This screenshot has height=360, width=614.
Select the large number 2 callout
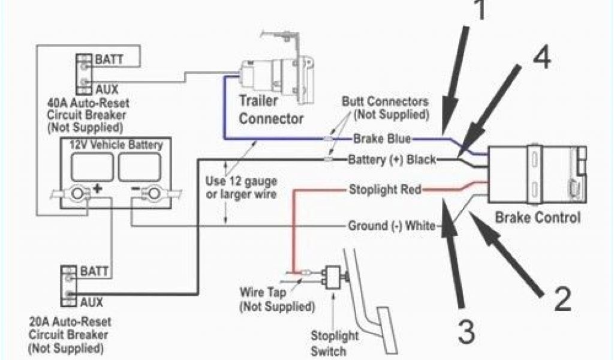pyautogui.click(x=562, y=298)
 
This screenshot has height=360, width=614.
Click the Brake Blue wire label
pyautogui.click(x=381, y=139)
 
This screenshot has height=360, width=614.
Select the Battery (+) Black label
pyautogui.click(x=392, y=160)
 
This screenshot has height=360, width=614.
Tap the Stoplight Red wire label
pyautogui.click(x=384, y=191)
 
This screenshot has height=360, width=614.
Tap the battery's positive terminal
pyautogui.click(x=77, y=193)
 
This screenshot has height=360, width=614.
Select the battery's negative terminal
pyautogui.click(x=153, y=193)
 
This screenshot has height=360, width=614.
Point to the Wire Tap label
pyautogui.click(x=263, y=295)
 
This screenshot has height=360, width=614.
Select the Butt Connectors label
pyautogui.click(x=384, y=107)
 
